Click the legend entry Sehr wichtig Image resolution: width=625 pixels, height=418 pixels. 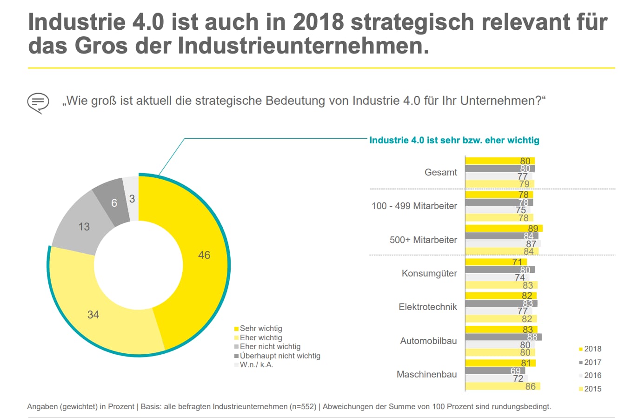coord(260,329)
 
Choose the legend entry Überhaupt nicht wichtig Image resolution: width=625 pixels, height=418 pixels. coord(279,356)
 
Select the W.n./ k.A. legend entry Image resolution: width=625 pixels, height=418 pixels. coord(256,364)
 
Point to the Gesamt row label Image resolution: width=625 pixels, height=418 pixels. coord(441,172)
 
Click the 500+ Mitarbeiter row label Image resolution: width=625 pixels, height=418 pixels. coord(423,240)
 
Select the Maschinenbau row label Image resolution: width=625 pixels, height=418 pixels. coord(426,374)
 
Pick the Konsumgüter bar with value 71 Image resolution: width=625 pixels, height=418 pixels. coord(496,262)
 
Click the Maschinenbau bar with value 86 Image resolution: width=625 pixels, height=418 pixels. coord(502,386)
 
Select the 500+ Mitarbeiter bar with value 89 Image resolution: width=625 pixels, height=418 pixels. coord(504,229)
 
